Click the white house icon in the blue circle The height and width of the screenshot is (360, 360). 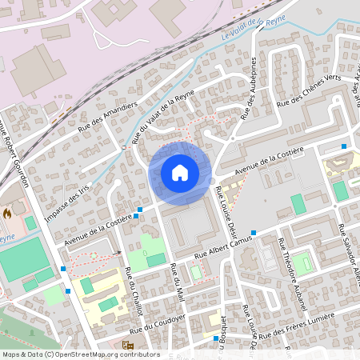[x=180, y=173]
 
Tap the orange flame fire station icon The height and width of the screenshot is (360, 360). [x=7, y=214]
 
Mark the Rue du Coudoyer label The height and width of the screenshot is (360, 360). [x=158, y=323]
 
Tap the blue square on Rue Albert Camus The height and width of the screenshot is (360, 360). [x=253, y=233]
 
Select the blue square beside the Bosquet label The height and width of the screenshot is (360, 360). [x=216, y=338]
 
